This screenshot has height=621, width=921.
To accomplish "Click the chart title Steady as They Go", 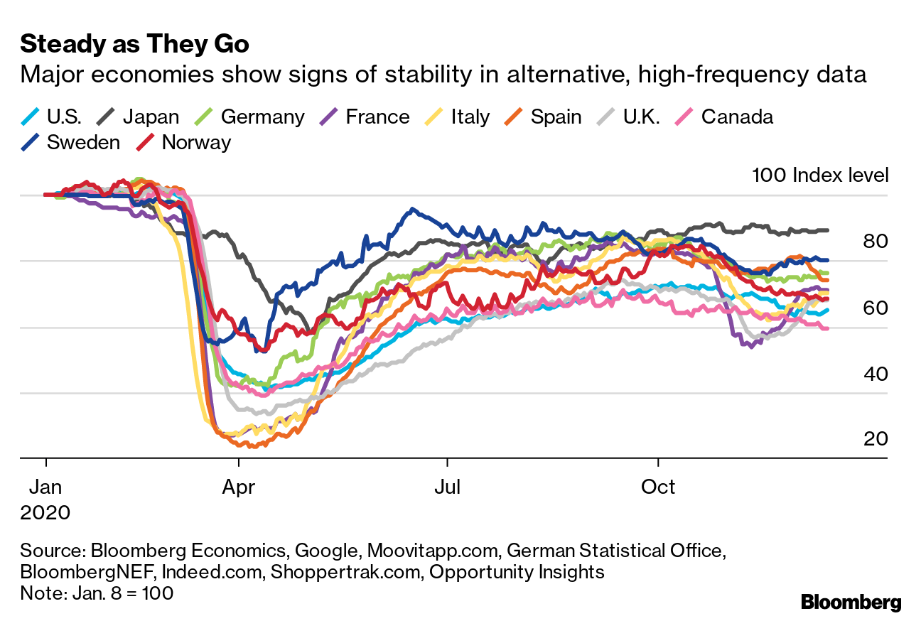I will (x=135, y=44).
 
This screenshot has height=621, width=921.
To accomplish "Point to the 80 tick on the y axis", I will (x=876, y=242).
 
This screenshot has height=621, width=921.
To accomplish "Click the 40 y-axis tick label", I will (x=876, y=373).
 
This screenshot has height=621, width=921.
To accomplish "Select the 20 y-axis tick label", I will (x=876, y=438).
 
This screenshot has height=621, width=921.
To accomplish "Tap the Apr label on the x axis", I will (x=239, y=487).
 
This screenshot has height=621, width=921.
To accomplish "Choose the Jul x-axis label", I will (x=448, y=487).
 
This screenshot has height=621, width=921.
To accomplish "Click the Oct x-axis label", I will (x=659, y=487).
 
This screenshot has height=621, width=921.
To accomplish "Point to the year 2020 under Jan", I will (x=45, y=512).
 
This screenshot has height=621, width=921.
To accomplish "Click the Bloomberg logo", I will (x=851, y=603).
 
